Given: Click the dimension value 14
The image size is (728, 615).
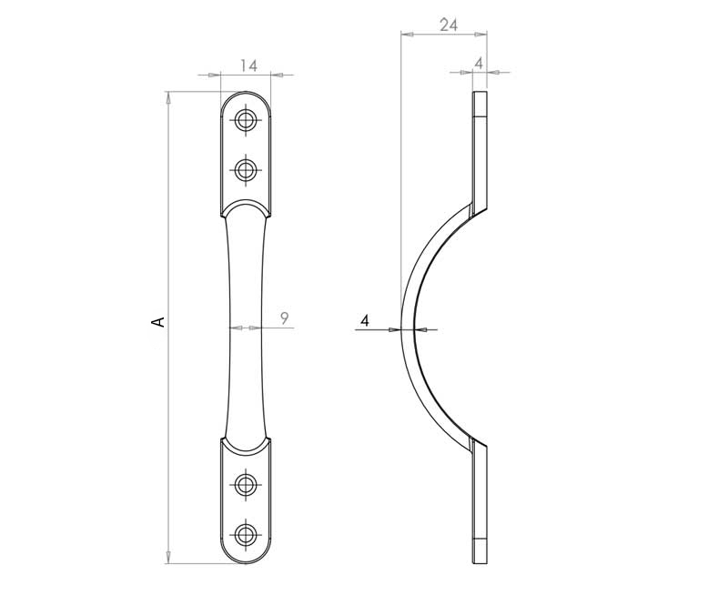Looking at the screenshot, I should (249, 65).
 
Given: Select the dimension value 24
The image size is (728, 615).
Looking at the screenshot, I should (448, 25).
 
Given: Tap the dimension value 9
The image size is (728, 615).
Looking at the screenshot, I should (285, 318).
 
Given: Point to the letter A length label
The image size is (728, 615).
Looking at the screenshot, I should (157, 321).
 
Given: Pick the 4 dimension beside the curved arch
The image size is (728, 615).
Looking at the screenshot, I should (364, 320).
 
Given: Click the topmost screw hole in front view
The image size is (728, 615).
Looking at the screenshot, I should (246, 121).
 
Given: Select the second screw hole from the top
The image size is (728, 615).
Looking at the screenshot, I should (246, 168).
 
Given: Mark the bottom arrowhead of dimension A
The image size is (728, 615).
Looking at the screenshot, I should (168, 557).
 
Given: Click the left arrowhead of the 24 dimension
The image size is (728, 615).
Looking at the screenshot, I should (407, 35).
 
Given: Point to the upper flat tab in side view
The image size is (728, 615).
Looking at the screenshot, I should (480, 146).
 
